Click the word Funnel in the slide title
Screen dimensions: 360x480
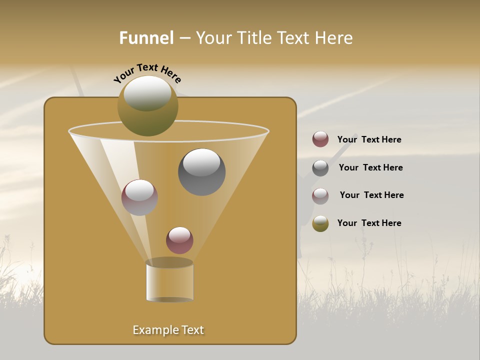[146, 38]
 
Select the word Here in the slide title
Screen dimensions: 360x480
[334, 38]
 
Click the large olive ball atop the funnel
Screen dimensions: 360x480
[148, 105]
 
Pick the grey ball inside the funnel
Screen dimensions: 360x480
[201, 172]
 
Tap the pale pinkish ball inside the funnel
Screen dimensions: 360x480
[139, 197]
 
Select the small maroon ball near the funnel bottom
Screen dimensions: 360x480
[179, 240]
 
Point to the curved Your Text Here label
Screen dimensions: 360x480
[147, 72]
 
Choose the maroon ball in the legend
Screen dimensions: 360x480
[320, 139]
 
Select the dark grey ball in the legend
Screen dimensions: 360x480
[320, 168]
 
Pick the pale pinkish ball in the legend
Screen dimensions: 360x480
[320, 196]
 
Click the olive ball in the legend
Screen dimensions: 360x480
[320, 223]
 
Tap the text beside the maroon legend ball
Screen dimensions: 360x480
[369, 139]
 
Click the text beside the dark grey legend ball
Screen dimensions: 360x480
[370, 167]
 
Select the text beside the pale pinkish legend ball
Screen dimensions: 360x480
[371, 195]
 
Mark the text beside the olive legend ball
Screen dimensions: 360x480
[369, 223]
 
